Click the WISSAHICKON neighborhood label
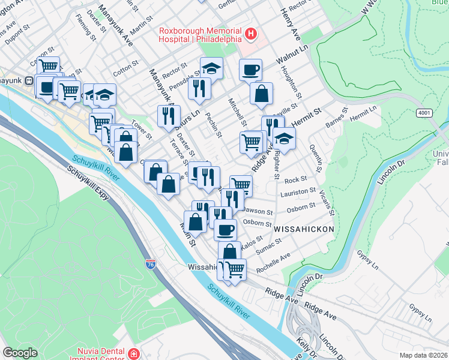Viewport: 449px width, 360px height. click(303, 229)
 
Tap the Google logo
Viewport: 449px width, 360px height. click(20, 353)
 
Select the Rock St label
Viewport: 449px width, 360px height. click(295, 179)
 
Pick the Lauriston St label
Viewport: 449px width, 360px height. click(299, 191)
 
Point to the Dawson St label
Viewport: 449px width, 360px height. click(258, 212)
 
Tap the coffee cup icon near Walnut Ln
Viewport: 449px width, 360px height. click(250, 70)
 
